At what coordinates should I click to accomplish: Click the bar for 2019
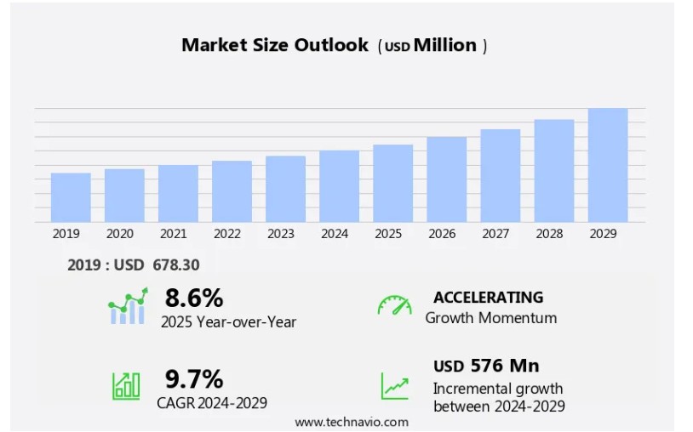71,197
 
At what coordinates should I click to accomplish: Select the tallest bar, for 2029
608,165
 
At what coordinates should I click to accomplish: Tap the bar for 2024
339,186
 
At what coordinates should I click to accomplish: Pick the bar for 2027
501,175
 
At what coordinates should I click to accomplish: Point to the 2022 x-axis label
227,234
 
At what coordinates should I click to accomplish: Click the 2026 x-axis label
442,234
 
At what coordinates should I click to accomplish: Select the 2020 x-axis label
120,234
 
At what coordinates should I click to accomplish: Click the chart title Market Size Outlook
275,45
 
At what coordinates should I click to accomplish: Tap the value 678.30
176,265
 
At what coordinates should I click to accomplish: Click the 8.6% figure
194,298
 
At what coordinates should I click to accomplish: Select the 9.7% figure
194,378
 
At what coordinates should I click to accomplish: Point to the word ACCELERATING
488,297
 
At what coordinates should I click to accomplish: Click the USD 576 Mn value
486,366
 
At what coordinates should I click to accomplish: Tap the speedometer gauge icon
394,305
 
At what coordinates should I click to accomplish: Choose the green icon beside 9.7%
126,385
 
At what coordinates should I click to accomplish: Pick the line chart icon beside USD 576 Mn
394,385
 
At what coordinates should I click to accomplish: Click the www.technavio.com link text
352,422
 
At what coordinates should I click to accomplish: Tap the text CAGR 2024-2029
212,402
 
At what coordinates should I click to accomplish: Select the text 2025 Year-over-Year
228,321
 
